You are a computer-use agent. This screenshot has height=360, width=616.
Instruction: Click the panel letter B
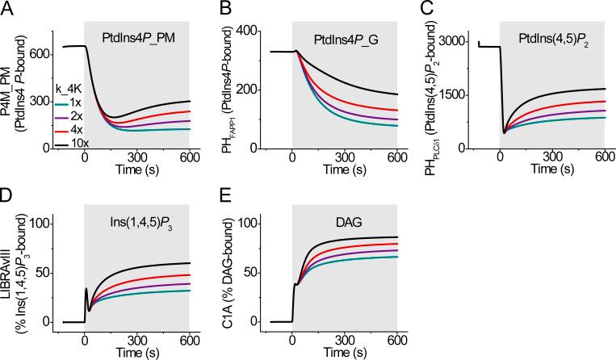point(215,9)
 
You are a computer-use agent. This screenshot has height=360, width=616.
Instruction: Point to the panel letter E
point(215,195)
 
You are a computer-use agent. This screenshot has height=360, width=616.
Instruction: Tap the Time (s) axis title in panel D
point(136,353)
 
